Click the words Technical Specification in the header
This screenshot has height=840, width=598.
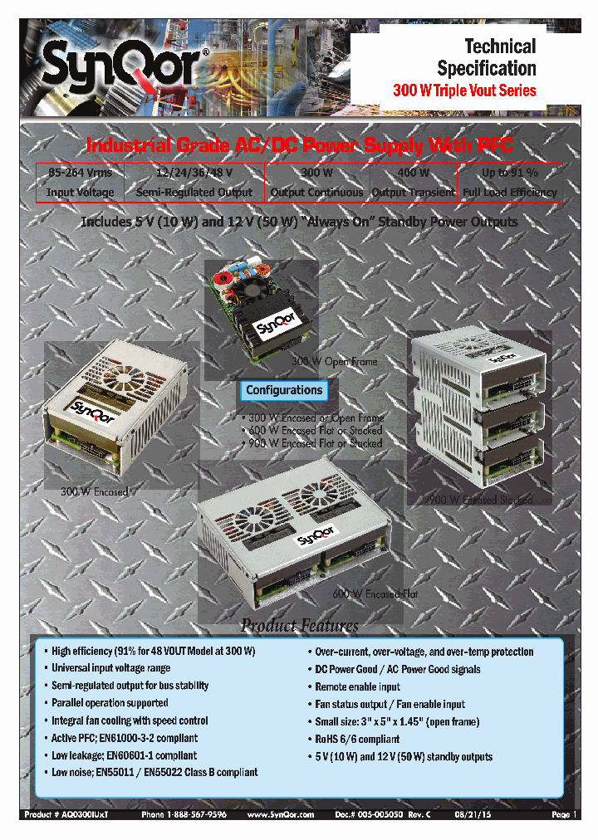(486, 57)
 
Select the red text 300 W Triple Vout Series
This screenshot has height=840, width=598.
(464, 90)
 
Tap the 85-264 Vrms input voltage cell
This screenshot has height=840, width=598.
(80, 182)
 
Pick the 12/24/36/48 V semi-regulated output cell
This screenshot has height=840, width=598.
(194, 182)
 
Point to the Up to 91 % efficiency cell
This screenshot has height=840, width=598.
(510, 182)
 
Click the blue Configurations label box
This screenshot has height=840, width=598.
(284, 390)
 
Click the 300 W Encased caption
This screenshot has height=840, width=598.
(94, 491)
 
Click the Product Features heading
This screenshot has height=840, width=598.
(299, 625)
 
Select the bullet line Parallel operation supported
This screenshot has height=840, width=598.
(110, 703)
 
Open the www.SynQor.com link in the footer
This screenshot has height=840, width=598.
(281, 815)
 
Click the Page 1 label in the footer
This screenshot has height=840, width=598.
(564, 815)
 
